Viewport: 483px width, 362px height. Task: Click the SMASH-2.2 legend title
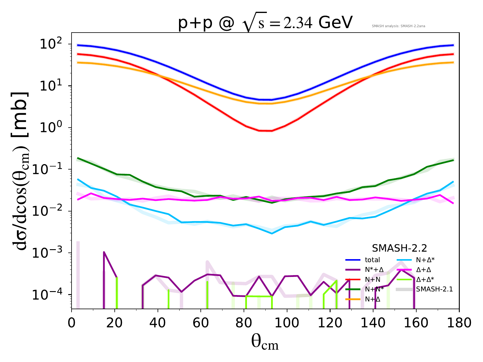click(399, 248)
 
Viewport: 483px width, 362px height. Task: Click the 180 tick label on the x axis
click(459, 323)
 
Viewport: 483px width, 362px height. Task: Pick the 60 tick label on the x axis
click(201, 323)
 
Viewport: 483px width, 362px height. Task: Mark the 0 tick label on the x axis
click(72, 323)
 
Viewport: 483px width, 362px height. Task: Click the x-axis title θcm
click(265, 342)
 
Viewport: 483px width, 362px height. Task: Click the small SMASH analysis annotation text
click(398, 26)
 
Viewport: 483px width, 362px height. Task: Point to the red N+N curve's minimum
click(266, 131)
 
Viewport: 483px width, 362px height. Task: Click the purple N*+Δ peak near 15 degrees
click(104, 252)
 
